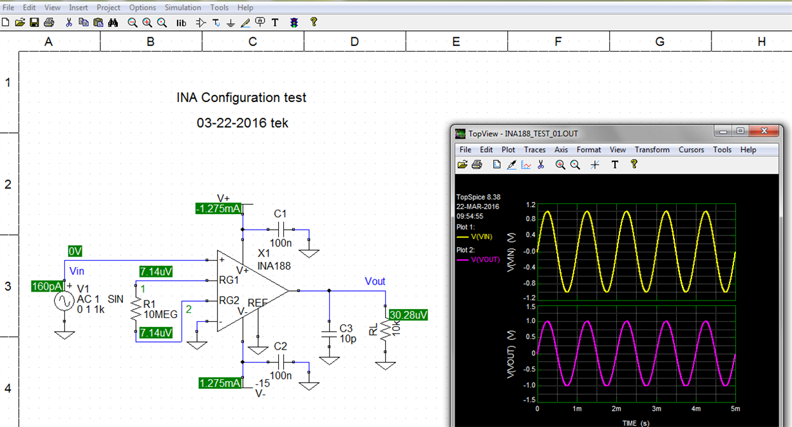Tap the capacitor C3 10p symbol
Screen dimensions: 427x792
[329, 333]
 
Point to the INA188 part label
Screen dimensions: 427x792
[273, 265]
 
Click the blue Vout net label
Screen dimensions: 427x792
[375, 281]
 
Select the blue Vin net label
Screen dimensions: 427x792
[77, 271]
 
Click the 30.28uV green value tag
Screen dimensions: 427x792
[408, 315]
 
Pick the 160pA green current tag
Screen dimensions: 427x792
[48, 286]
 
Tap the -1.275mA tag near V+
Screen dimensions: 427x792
[219, 208]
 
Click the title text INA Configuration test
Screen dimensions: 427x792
[241, 98]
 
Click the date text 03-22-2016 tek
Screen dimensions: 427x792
[242, 123]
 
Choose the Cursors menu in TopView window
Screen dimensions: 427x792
[691, 150]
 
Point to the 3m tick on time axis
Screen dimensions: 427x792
[656, 409]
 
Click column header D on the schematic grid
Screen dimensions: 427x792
[354, 42]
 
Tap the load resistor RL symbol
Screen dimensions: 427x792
[385, 332]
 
